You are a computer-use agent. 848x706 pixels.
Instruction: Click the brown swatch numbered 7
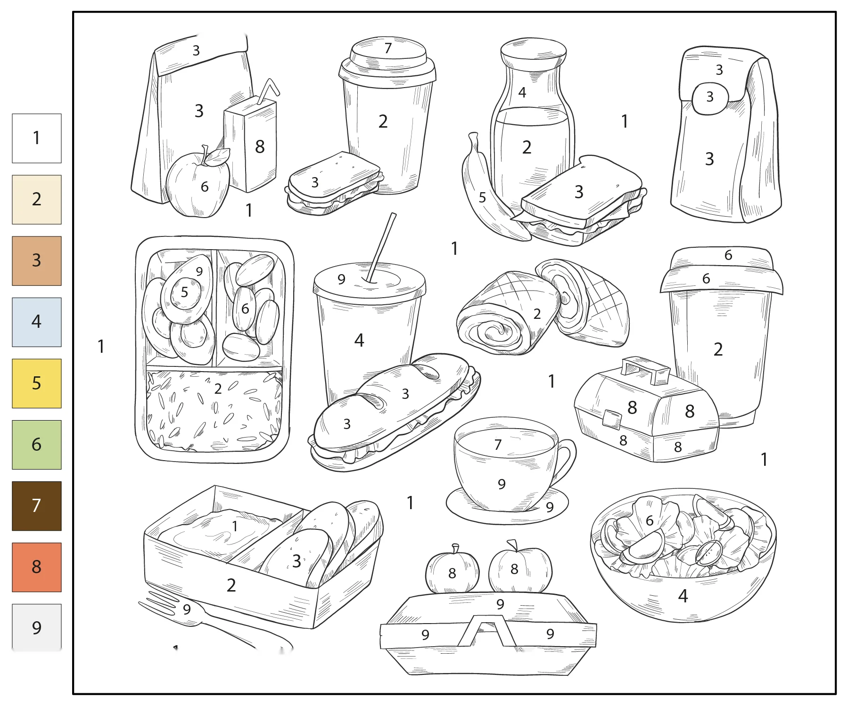[x=36, y=506]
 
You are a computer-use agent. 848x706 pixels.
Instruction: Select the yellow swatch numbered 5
[x=36, y=383]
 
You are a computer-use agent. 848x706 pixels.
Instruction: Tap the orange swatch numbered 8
[x=36, y=567]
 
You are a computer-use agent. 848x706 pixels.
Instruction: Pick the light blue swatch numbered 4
[x=36, y=322]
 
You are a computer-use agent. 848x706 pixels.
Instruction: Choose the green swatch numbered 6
[x=36, y=445]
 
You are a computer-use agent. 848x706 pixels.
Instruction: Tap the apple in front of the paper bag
[x=198, y=184]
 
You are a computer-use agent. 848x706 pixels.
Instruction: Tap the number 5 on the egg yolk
[x=184, y=292]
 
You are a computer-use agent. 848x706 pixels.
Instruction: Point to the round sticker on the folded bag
[x=710, y=98]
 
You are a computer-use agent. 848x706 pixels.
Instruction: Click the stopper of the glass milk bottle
[x=533, y=53]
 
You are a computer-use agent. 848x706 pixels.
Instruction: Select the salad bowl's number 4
[x=683, y=596]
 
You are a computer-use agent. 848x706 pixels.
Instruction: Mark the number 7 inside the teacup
[x=498, y=445]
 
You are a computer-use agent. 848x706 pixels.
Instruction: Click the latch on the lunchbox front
[x=611, y=419]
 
